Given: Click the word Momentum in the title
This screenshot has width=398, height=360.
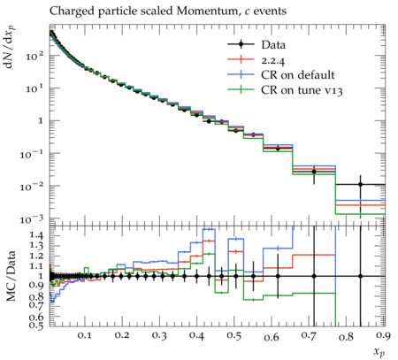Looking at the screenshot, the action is [207, 11].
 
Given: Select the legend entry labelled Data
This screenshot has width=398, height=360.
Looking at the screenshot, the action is [273, 45].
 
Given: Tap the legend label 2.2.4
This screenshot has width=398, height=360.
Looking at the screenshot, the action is [272, 60].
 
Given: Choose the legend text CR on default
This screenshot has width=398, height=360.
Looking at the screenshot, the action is [298, 75].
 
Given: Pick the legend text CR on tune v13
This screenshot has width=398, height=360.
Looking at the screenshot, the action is [302, 90].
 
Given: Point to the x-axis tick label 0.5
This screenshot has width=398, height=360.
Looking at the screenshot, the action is [234, 335].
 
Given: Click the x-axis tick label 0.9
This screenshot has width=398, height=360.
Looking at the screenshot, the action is [383, 335].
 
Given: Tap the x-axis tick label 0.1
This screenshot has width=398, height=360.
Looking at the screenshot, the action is [85, 335].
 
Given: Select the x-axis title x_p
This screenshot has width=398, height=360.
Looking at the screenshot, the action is [379, 351].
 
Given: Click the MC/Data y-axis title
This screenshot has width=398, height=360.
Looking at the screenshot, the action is [11, 276].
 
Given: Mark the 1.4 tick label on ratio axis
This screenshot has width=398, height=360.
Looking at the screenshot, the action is [37, 235].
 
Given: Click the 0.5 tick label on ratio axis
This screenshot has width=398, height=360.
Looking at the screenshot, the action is [37, 325].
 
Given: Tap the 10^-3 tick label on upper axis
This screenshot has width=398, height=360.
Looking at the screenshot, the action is [32, 218].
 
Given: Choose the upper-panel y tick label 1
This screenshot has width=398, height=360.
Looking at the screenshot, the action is [41, 121].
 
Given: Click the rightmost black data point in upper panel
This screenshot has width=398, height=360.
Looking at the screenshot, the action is [360, 184].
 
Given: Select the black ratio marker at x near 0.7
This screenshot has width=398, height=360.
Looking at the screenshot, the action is [314, 276].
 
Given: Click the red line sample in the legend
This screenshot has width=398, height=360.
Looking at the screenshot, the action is [241, 59].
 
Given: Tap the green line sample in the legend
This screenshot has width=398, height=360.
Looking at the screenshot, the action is [241, 89].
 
